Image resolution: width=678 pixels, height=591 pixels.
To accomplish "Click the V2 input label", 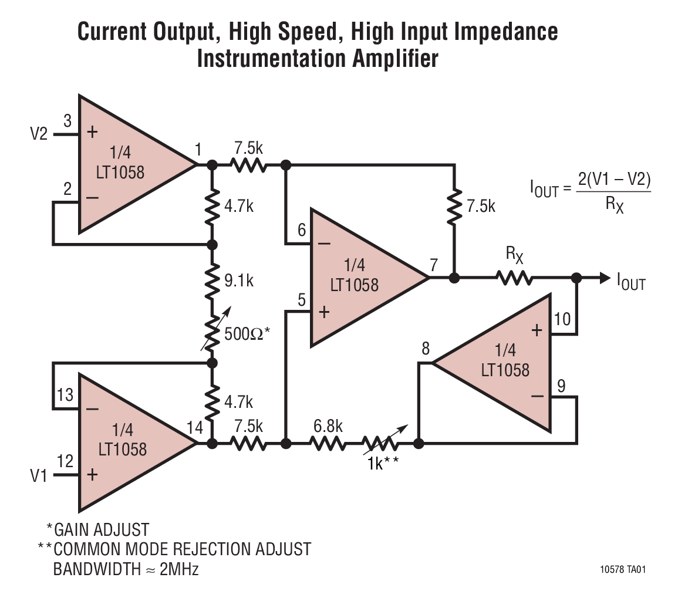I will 39,134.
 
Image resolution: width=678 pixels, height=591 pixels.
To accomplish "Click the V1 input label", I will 39,475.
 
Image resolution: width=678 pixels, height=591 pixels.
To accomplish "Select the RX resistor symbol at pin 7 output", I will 515,277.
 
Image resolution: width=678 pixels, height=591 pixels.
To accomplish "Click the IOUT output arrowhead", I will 604,278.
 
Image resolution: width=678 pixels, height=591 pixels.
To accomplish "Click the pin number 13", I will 65,394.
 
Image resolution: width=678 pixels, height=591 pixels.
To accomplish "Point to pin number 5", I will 301,300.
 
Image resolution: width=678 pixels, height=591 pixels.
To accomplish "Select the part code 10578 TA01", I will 624,569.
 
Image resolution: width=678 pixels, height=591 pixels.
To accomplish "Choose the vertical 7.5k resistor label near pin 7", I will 481,206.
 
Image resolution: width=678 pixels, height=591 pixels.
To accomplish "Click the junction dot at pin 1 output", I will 212,166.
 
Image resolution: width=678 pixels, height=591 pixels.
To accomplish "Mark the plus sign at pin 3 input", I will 92,132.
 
